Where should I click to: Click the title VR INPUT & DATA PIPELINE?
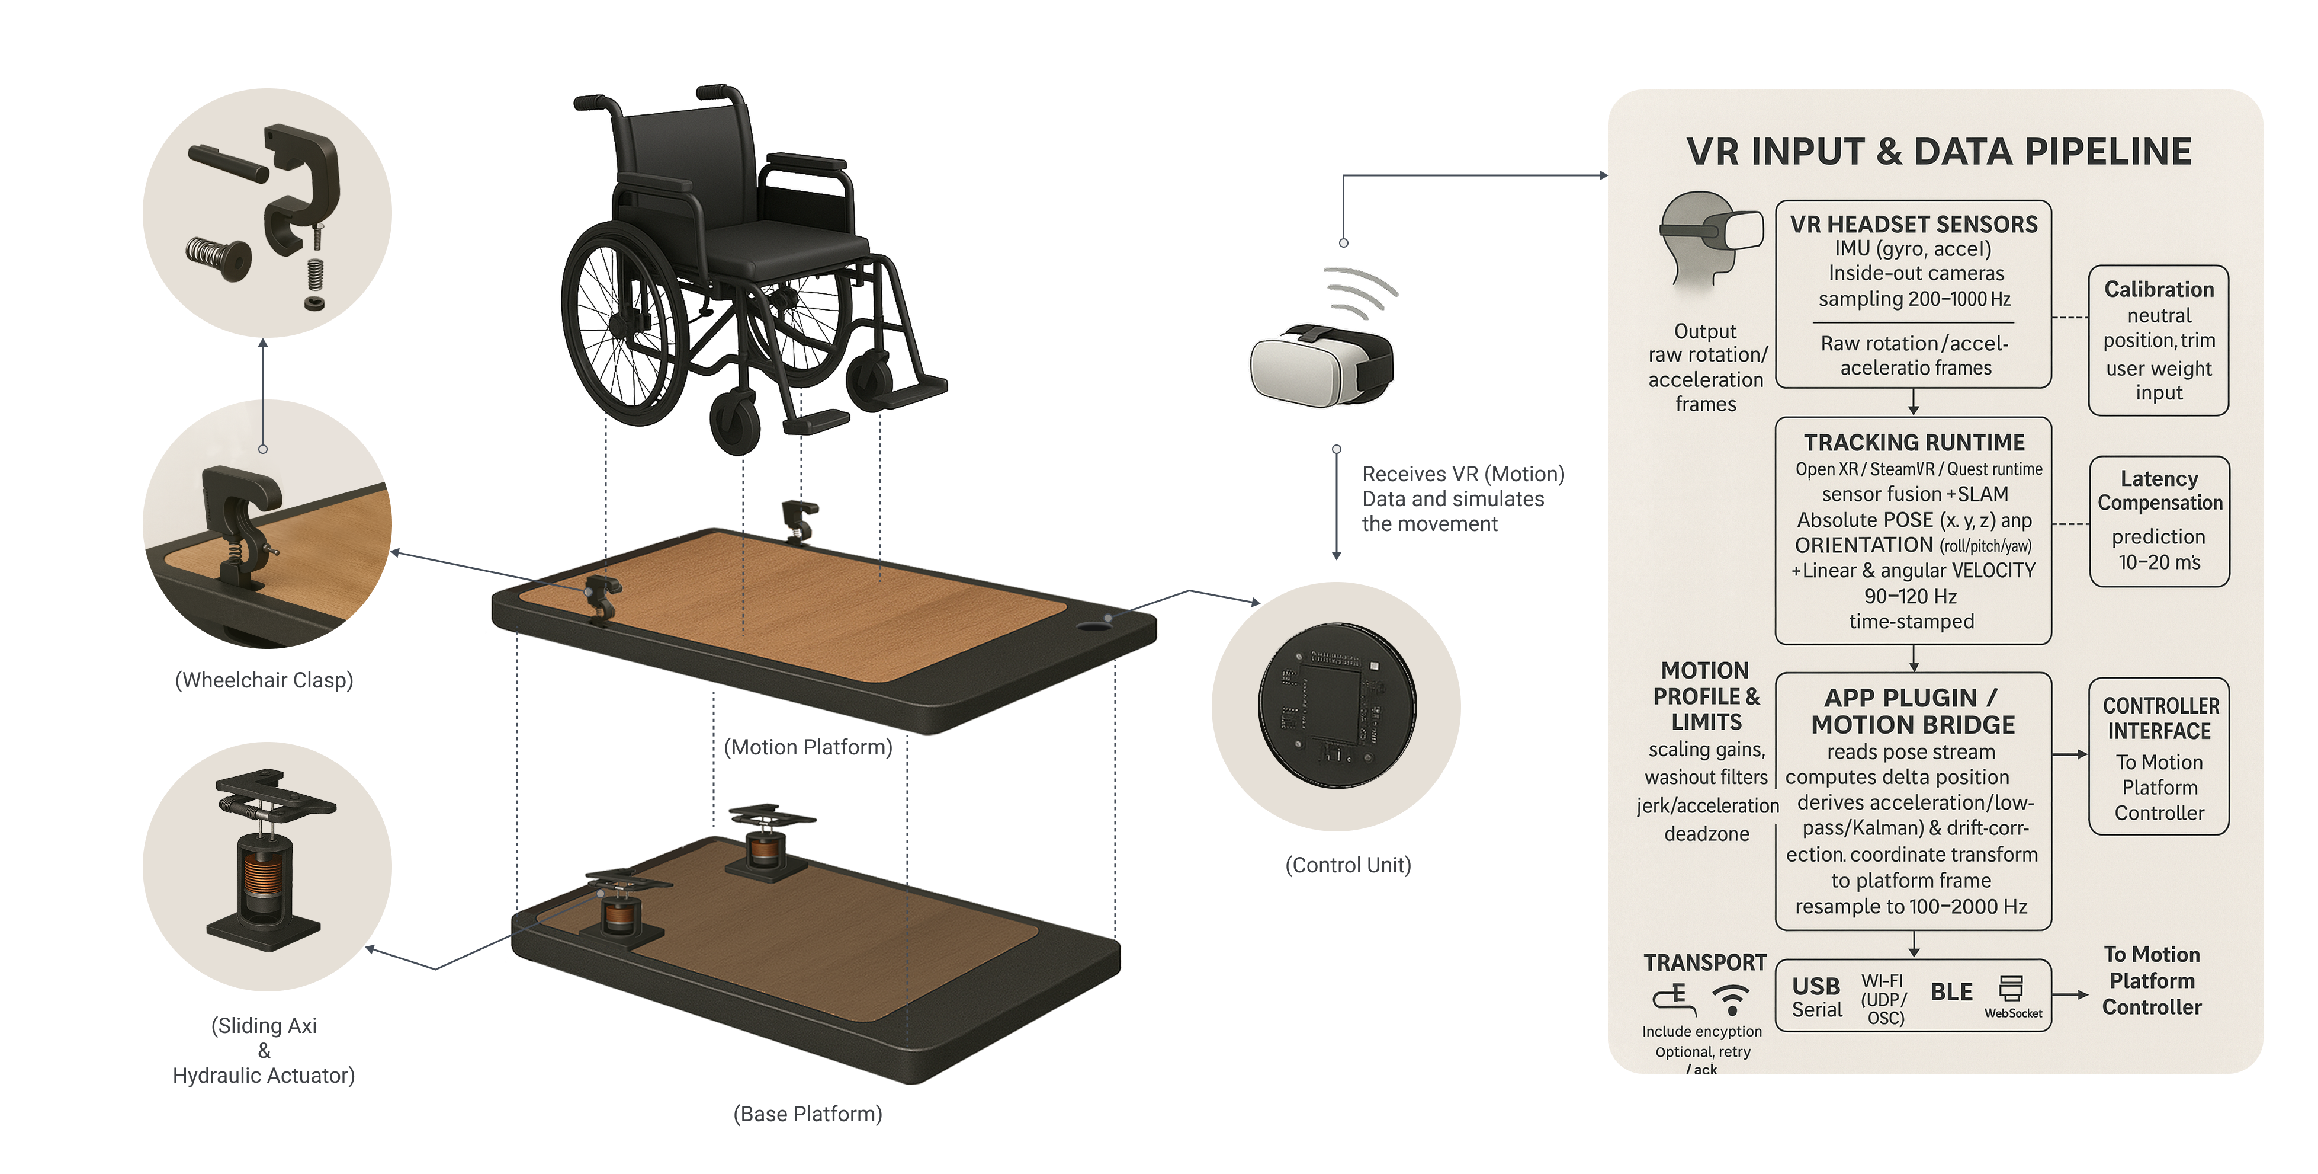point(1939,151)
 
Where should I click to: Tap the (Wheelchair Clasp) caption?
point(264,680)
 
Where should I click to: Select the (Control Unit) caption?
point(1347,865)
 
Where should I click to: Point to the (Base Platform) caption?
point(807,1114)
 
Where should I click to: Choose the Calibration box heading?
point(2158,290)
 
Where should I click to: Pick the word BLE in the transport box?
point(1951,992)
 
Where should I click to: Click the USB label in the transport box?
point(1816,987)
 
